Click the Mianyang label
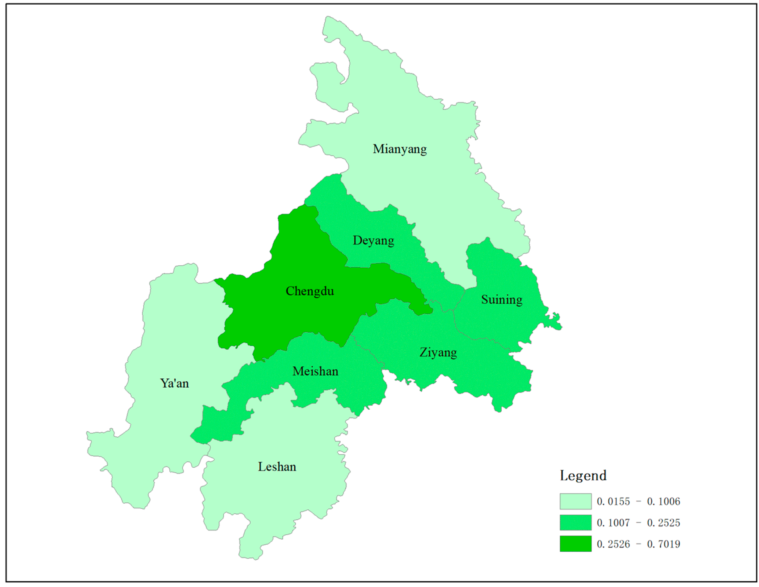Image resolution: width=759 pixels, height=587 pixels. tap(400, 149)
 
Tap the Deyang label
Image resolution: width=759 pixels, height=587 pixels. tap(373, 240)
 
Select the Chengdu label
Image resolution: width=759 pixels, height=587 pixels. tap(310, 291)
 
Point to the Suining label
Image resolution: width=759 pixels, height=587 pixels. tap(501, 299)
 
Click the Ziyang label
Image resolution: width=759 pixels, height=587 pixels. tap(438, 352)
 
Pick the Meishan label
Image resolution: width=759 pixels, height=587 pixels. tap(315, 371)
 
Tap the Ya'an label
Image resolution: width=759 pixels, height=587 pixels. tap(174, 383)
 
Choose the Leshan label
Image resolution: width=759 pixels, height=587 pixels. tap(277, 466)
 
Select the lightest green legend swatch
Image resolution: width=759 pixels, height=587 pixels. tap(576, 501)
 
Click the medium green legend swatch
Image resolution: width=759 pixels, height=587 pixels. tap(576, 522)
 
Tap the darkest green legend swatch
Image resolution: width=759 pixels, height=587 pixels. tap(576, 544)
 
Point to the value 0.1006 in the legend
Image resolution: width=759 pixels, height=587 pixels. tap(663, 502)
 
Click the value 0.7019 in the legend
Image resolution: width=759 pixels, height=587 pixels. tap(663, 544)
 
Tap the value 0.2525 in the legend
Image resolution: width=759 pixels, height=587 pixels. tap(663, 523)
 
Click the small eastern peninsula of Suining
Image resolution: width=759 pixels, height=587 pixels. tap(554, 322)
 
